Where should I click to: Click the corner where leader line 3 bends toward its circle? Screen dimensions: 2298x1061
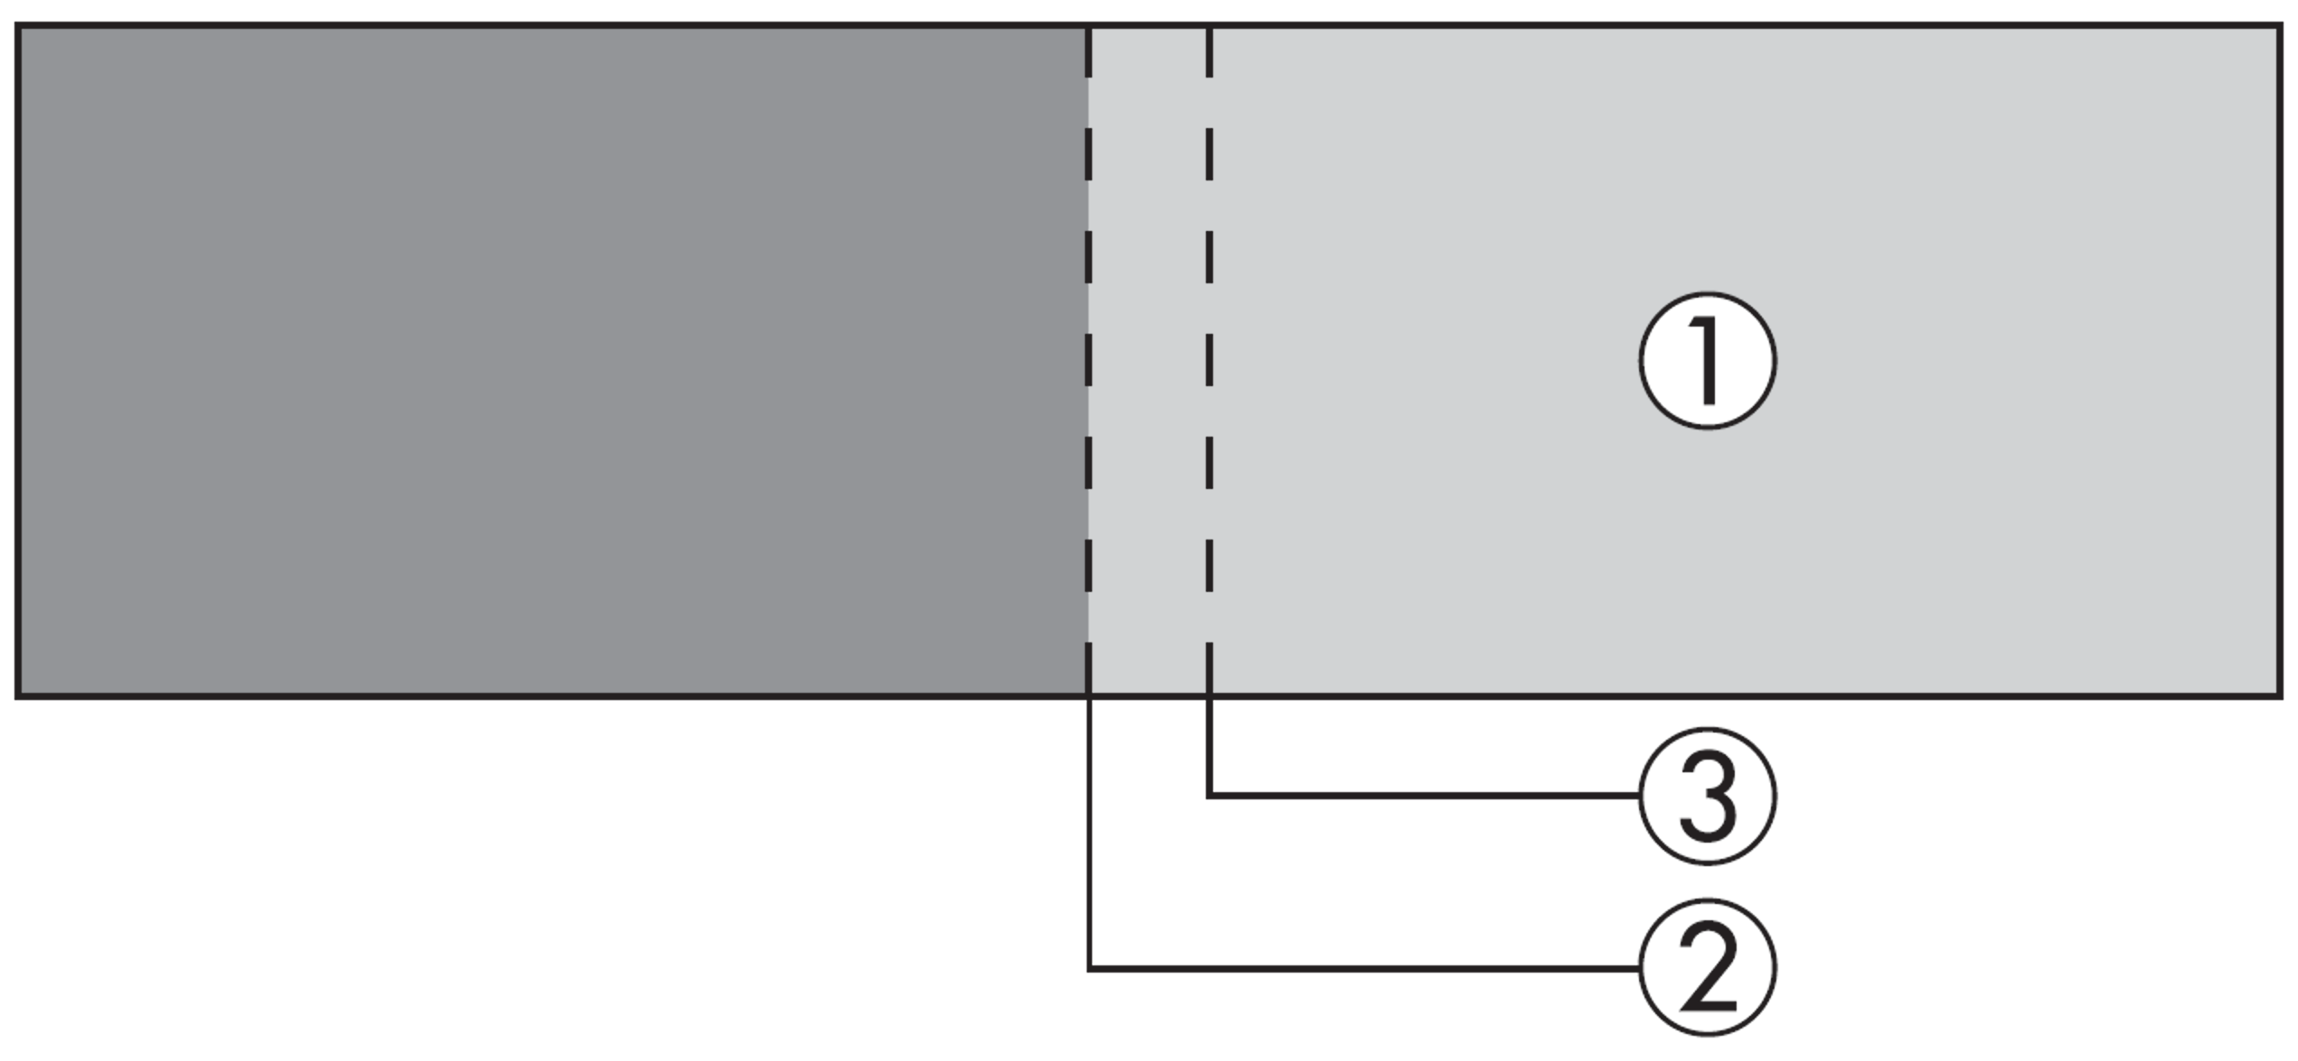coord(1209,796)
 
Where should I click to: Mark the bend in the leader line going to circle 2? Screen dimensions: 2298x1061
coord(1089,969)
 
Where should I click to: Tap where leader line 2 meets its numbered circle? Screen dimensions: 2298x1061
coord(1640,969)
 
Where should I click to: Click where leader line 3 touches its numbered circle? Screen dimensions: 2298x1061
coord(1640,796)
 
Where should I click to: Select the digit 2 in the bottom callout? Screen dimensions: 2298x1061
coord(1708,969)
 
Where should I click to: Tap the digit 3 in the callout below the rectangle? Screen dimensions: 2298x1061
coord(1708,797)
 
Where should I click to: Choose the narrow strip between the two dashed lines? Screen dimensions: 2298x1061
coord(1149,361)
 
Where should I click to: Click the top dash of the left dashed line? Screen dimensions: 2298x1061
coord(1089,52)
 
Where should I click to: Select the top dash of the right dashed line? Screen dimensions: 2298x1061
coord(1209,52)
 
